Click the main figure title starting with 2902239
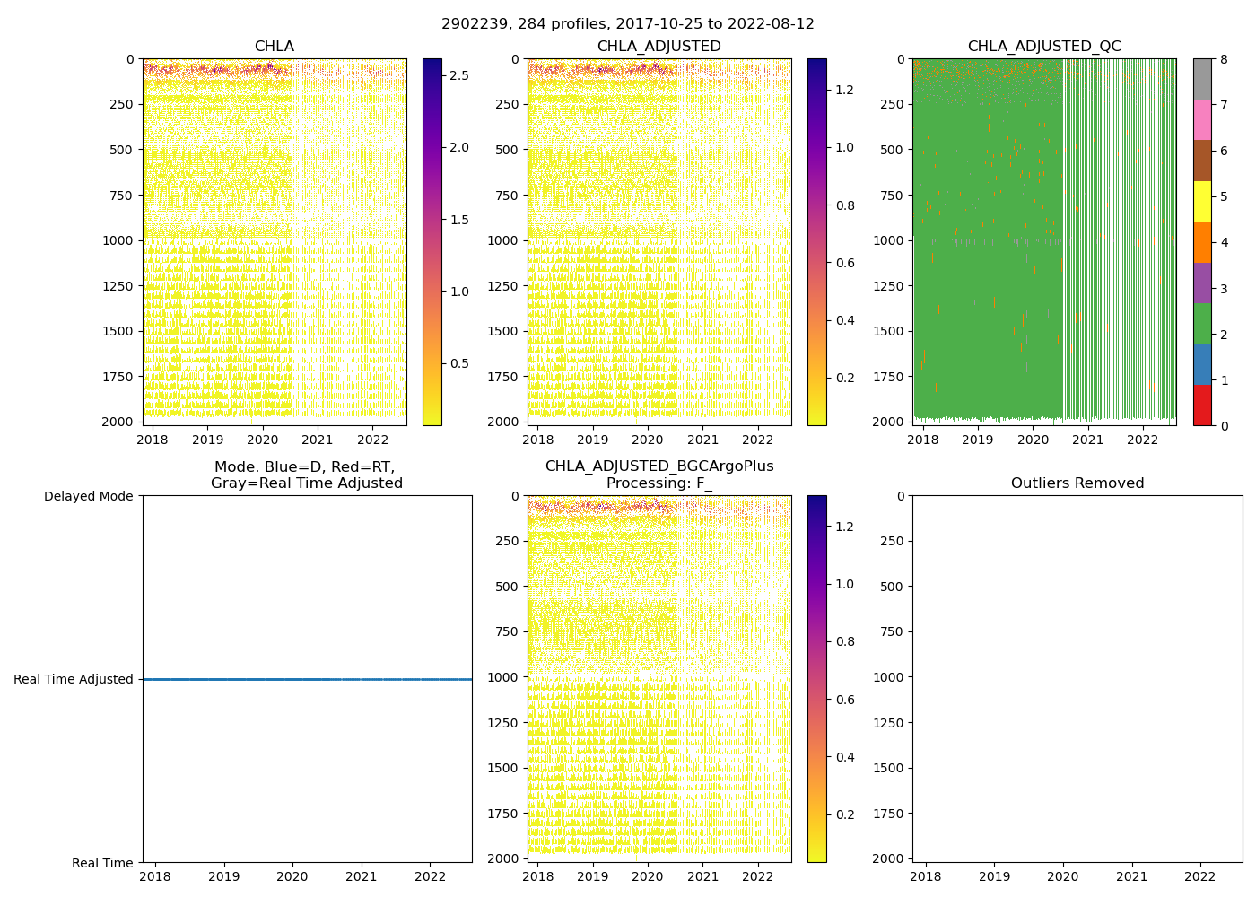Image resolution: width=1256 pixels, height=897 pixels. [x=627, y=24]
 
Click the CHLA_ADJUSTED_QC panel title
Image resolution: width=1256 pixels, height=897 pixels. [x=1043, y=47]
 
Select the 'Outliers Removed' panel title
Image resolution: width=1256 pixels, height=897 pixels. [x=1077, y=483]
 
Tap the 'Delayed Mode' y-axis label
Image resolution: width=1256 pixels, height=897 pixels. [x=88, y=496]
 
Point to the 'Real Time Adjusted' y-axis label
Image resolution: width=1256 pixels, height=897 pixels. [x=74, y=679]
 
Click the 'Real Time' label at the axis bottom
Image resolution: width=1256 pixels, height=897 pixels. [x=102, y=863]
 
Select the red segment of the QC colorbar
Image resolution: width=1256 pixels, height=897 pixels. [x=1202, y=405]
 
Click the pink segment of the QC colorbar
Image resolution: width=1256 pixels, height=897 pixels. [x=1202, y=119]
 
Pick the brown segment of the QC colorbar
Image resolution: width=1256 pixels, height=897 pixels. [x=1202, y=161]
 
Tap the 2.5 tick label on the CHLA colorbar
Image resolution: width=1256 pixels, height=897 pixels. [x=458, y=75]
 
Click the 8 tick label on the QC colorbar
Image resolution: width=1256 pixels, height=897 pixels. [x=1223, y=59]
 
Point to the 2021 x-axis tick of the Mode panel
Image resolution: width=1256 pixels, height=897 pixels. [x=362, y=876]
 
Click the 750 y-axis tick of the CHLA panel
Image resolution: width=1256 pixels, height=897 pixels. [x=123, y=196]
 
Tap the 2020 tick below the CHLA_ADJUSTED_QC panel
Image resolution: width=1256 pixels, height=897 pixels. [x=1033, y=440]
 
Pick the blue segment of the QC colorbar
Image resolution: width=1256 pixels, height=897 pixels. [x=1202, y=364]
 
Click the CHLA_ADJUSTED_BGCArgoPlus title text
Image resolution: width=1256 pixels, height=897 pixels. [x=659, y=466]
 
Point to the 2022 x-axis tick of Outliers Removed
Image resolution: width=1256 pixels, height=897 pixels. [x=1200, y=876]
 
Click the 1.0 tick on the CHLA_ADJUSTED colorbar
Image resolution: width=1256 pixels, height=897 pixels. [x=845, y=147]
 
